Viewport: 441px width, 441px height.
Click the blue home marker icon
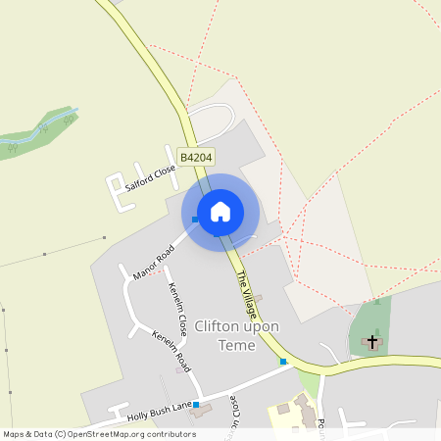pos(220,212)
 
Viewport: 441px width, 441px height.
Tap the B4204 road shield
pos(196,156)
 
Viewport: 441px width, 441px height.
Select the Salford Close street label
pos(150,179)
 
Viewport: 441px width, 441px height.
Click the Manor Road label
pos(152,262)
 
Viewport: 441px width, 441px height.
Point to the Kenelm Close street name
pos(177,309)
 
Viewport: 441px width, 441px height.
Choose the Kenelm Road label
pos(170,350)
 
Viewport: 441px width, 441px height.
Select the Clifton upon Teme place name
pos(236,335)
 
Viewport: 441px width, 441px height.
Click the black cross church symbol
pos(371,342)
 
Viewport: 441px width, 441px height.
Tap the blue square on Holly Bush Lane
pos(196,405)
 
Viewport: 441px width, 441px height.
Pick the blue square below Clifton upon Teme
pos(283,362)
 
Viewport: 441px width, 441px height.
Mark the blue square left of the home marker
pos(195,220)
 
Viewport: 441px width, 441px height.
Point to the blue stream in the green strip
pos(44,127)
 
